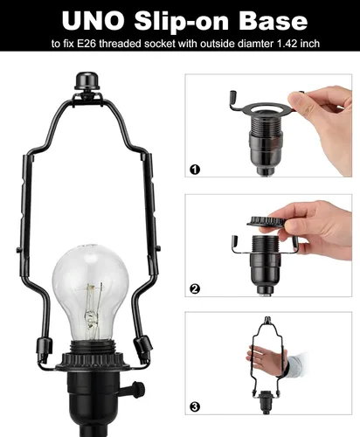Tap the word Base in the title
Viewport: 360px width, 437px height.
273,21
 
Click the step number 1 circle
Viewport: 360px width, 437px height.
195,170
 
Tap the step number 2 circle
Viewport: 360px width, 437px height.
195,289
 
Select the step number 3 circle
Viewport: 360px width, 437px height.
195,406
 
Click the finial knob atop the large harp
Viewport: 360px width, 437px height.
87,80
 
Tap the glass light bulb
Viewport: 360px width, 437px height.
91,291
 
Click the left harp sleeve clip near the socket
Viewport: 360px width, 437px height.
45,350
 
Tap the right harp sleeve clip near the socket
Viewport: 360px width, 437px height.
143,348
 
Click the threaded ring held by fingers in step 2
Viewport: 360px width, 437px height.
266,222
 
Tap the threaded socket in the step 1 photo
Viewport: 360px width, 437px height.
266,142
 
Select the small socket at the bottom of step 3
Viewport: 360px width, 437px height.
266,402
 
